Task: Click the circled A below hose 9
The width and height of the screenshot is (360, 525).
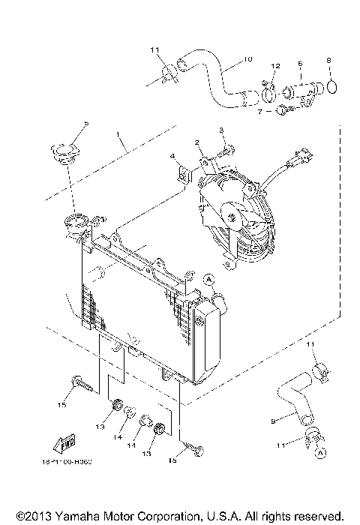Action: tap(321, 454)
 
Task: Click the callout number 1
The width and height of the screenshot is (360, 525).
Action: tap(118, 137)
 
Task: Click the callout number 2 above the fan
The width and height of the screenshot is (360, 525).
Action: tap(196, 142)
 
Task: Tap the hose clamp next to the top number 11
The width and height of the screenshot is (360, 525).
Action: tap(168, 73)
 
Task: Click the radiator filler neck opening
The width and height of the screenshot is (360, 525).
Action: tap(77, 220)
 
